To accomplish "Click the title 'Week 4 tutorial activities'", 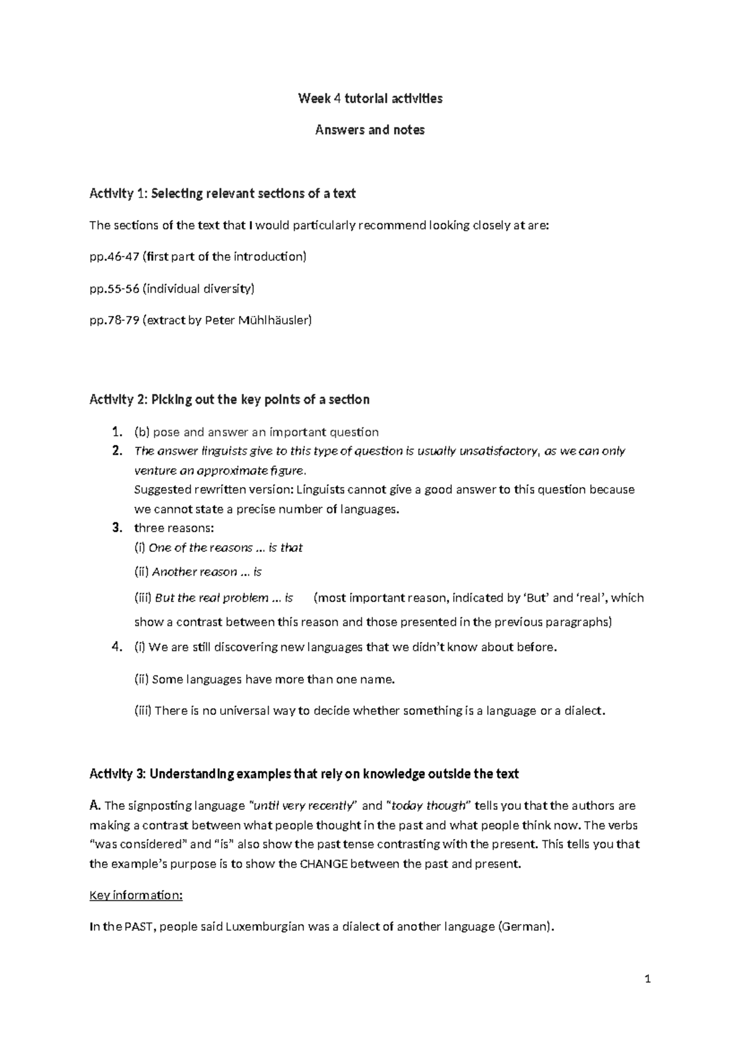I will point(370,98).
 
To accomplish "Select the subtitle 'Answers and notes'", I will point(370,130).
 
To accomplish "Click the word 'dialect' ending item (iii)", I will point(583,711).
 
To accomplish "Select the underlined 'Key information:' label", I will point(136,896).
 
